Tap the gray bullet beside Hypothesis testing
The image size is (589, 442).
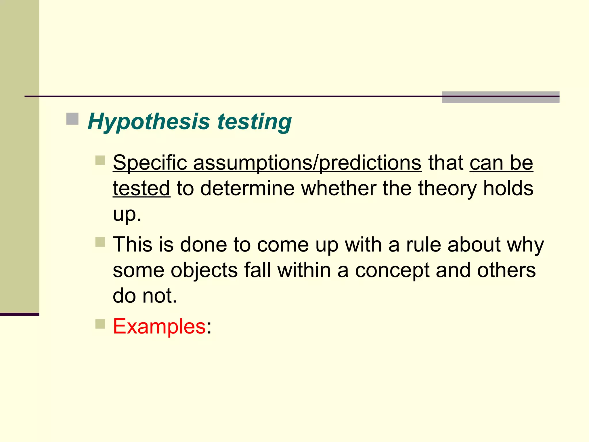[x=72, y=119]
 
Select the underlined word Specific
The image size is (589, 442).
[x=150, y=163]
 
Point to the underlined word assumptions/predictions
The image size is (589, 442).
[x=307, y=163]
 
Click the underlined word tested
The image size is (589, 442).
[x=141, y=188]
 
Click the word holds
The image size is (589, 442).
[x=508, y=188]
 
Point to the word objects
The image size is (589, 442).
[x=204, y=270]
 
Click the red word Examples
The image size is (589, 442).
[x=159, y=326]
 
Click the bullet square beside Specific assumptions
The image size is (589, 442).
[x=100, y=160]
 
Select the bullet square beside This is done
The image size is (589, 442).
[x=100, y=242]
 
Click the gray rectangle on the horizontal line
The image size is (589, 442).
[x=500, y=97]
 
